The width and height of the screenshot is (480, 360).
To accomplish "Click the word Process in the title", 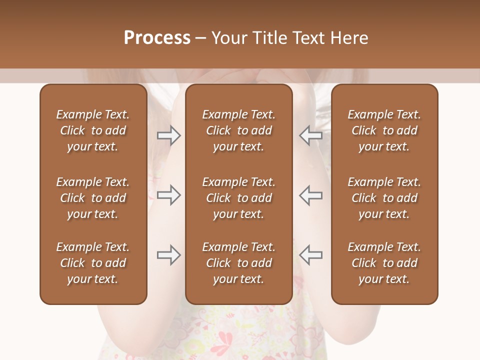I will [x=157, y=38].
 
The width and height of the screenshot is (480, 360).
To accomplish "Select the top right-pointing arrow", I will [x=169, y=135].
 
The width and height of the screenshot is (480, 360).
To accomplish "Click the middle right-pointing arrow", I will [x=169, y=195].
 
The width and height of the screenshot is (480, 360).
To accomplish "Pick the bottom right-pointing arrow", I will [x=169, y=255].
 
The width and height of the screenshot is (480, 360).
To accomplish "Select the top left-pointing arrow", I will [x=311, y=135].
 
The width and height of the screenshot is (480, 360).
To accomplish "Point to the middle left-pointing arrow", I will [x=311, y=195].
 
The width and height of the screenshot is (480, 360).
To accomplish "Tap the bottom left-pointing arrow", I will [x=311, y=255].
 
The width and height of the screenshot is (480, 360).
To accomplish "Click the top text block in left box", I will [x=93, y=130].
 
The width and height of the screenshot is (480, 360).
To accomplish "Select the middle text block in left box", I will [x=93, y=198].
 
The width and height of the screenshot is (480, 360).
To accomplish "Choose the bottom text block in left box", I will [x=93, y=263].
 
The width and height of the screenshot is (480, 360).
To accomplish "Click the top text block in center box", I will [x=239, y=130].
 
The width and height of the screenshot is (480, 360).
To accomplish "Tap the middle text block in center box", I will [x=239, y=198].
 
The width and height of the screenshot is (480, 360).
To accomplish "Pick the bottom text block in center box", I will [x=239, y=263].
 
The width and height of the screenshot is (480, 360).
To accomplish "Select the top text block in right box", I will [x=384, y=130].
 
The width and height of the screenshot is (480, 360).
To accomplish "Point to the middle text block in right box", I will [x=384, y=198].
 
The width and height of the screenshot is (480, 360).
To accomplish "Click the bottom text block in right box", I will [x=384, y=263].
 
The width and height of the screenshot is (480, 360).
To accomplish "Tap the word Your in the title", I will [x=227, y=38].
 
